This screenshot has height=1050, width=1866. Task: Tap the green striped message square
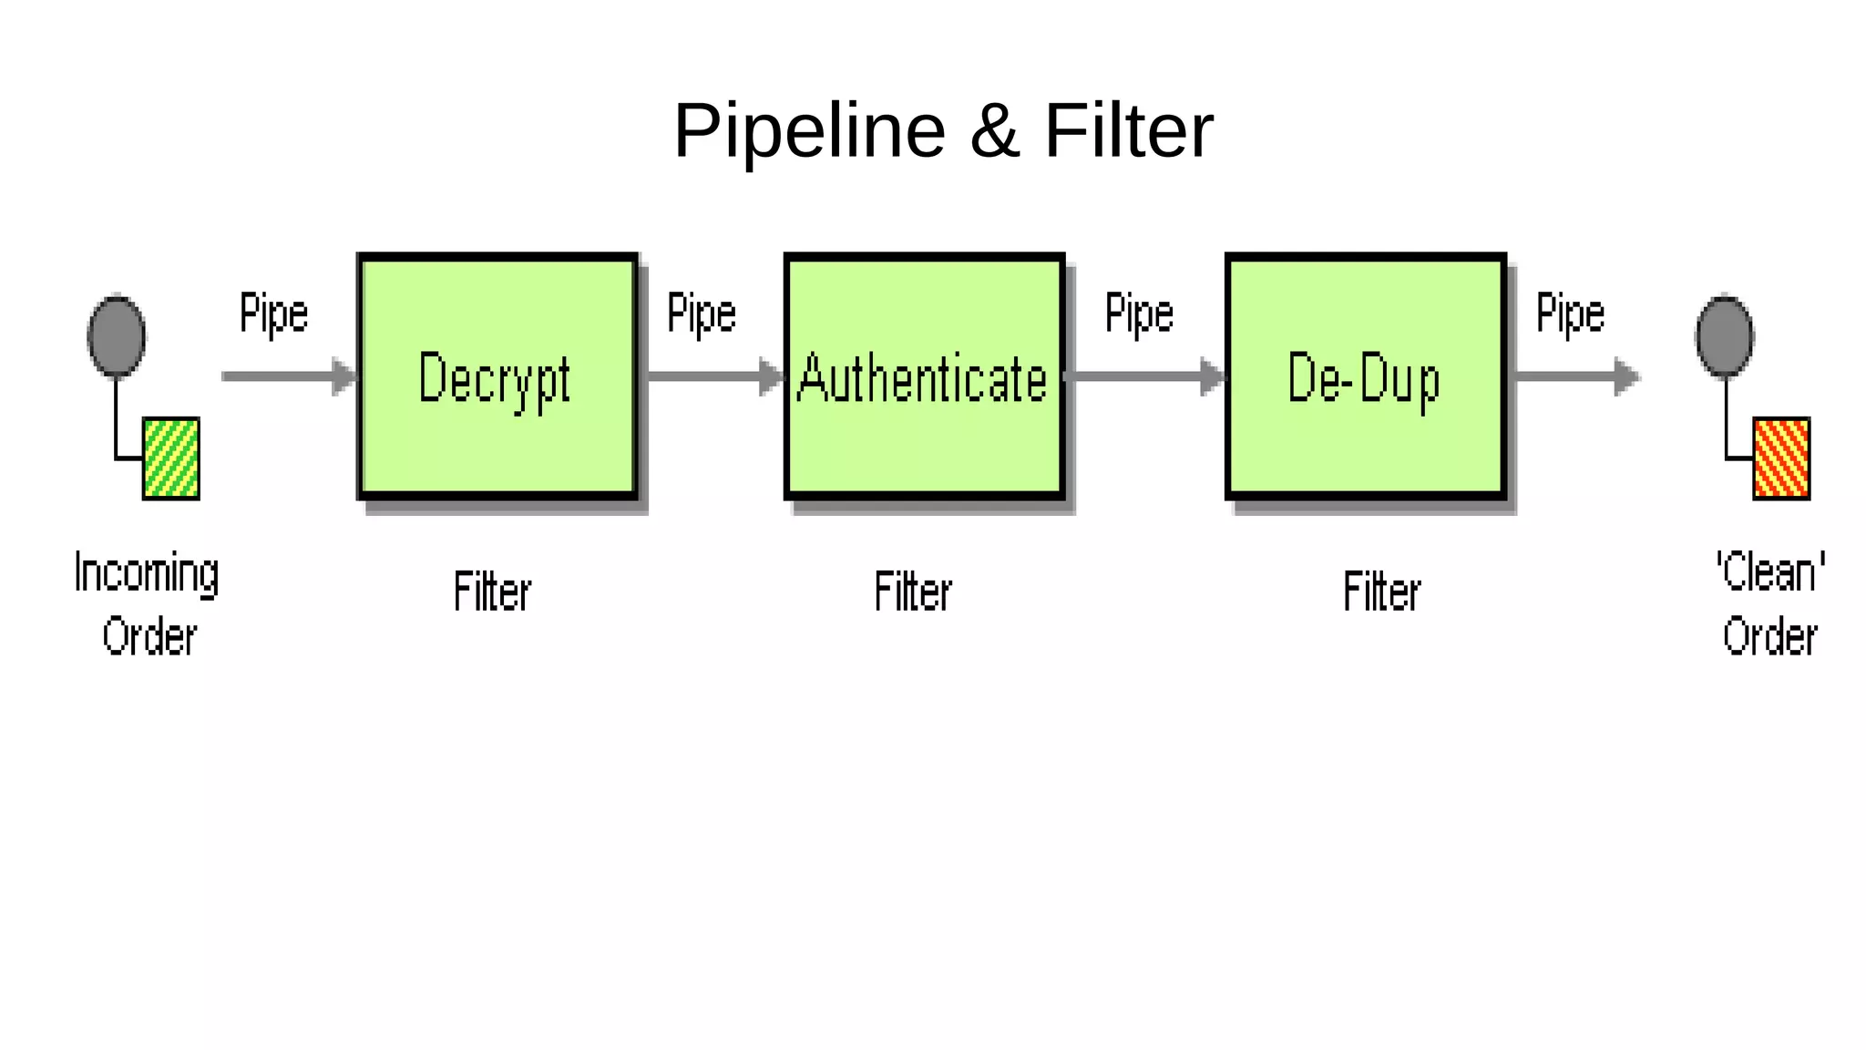tap(171, 458)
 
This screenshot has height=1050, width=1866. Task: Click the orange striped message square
tap(1781, 458)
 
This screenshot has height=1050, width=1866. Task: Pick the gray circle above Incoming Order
tap(117, 336)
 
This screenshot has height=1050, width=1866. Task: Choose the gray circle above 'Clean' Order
tap(1724, 336)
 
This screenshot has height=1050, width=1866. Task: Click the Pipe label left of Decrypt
tap(273, 314)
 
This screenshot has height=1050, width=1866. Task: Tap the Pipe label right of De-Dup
tap(1570, 314)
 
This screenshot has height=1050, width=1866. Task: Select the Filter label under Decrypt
tap(492, 592)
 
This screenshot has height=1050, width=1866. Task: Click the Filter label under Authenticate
tap(913, 592)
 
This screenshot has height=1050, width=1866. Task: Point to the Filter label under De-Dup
tap(1381, 592)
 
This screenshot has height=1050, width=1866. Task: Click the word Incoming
tap(147, 573)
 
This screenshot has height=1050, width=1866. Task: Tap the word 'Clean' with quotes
tap(1770, 571)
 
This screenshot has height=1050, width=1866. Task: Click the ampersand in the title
tap(994, 131)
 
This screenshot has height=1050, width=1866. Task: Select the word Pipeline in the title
tap(809, 131)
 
